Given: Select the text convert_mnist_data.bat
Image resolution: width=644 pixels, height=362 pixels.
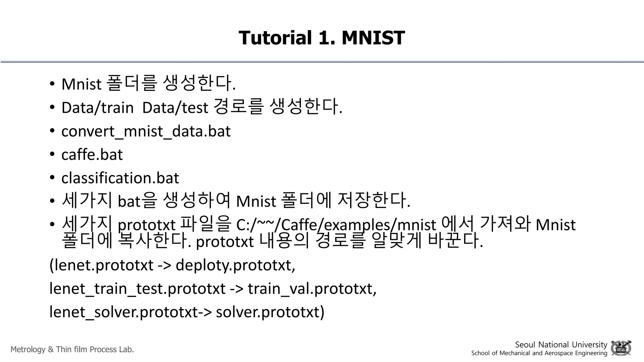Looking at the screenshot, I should [x=146, y=131].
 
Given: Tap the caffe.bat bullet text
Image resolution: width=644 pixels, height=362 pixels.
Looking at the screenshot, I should [x=92, y=155].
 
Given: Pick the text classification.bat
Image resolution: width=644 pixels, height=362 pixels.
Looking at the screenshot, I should [x=120, y=178].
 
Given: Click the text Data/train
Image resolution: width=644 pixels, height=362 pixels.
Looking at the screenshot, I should [x=97, y=108].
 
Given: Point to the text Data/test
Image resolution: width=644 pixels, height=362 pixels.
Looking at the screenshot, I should [x=175, y=108].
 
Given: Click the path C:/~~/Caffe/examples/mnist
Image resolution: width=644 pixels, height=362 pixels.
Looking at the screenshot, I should [x=336, y=225].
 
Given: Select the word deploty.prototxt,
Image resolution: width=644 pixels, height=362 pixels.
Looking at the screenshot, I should [x=235, y=265].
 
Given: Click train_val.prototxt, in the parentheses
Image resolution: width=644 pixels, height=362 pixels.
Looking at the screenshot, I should [x=312, y=288].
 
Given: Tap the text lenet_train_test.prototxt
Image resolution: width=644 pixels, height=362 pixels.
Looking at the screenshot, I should [x=137, y=288].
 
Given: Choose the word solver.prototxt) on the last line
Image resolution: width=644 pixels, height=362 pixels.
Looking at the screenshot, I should [x=270, y=312].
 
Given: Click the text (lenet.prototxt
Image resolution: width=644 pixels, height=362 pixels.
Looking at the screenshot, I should [x=101, y=265].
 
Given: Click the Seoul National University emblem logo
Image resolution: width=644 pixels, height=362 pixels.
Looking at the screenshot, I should [x=621, y=348].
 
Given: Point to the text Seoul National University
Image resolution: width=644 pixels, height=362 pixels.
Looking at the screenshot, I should [x=561, y=344].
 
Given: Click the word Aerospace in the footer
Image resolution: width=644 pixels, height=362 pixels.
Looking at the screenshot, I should [x=558, y=353].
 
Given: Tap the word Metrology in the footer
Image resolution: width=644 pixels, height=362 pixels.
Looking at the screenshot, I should [x=28, y=349].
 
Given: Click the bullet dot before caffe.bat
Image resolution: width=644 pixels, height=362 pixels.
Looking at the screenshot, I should [x=52, y=154].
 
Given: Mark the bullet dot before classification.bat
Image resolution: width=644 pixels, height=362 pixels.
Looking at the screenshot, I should [x=52, y=178].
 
